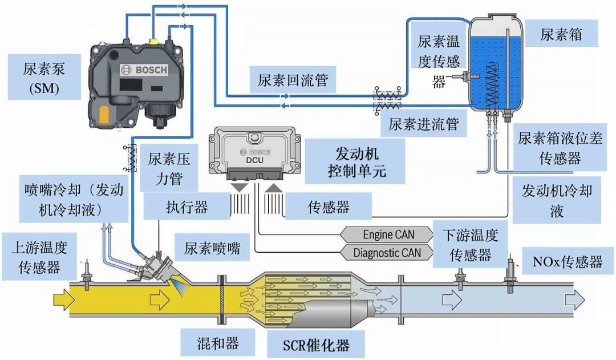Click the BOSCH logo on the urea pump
click(144, 70)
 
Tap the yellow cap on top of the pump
click(153, 41)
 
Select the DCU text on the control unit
click(254, 160)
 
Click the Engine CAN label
click(388, 234)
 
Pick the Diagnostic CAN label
click(387, 253)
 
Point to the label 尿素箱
click(561, 35)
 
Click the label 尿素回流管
click(293, 80)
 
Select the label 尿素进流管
click(423, 124)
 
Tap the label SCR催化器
click(316, 346)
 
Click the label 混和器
click(218, 343)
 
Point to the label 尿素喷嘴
click(212, 248)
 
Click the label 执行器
click(187, 207)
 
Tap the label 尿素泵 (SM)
click(44, 78)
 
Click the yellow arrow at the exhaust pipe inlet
click(64, 300)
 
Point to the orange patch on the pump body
click(104, 115)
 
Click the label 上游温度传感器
click(39, 257)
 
